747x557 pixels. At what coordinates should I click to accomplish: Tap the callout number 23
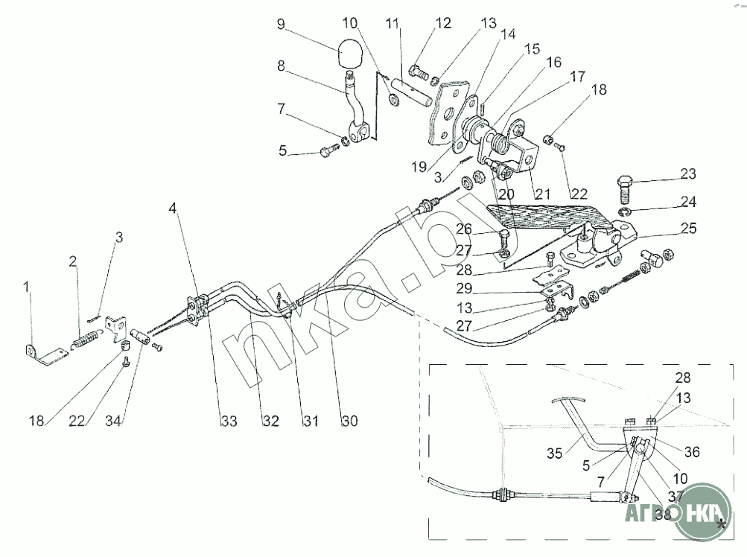[688, 174]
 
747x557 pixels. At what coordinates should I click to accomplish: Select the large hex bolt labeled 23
[626, 189]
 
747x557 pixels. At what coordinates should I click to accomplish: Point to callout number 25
[688, 228]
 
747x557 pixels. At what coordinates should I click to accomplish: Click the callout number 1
[27, 287]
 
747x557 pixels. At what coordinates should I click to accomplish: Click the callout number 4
[173, 208]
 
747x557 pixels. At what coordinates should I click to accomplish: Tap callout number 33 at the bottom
[229, 421]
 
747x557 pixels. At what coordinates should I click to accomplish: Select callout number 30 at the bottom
[349, 421]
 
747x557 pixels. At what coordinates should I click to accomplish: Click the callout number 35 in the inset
[555, 453]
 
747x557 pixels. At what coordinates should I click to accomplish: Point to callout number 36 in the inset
[692, 451]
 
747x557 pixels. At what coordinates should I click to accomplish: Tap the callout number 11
[392, 23]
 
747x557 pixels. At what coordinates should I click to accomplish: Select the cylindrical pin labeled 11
[412, 92]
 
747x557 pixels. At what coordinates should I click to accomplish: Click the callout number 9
[281, 24]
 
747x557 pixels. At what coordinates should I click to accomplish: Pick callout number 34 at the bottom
[113, 421]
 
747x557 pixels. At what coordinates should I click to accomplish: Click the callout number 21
[542, 194]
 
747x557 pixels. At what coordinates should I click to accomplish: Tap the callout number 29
[464, 288]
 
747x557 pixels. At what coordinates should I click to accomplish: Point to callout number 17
[577, 76]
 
